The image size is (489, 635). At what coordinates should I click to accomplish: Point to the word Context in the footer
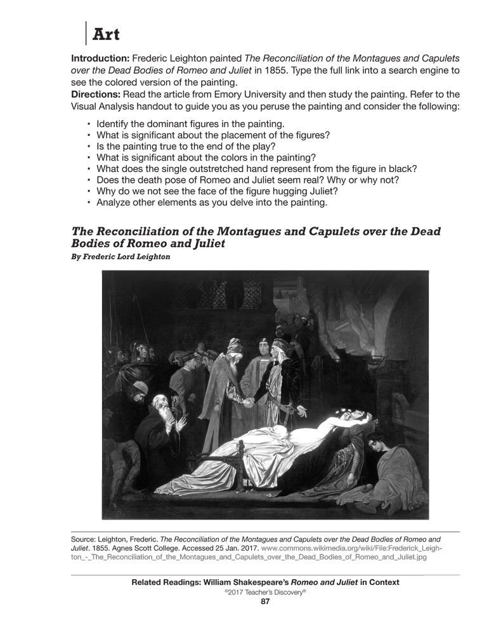click(382, 582)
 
